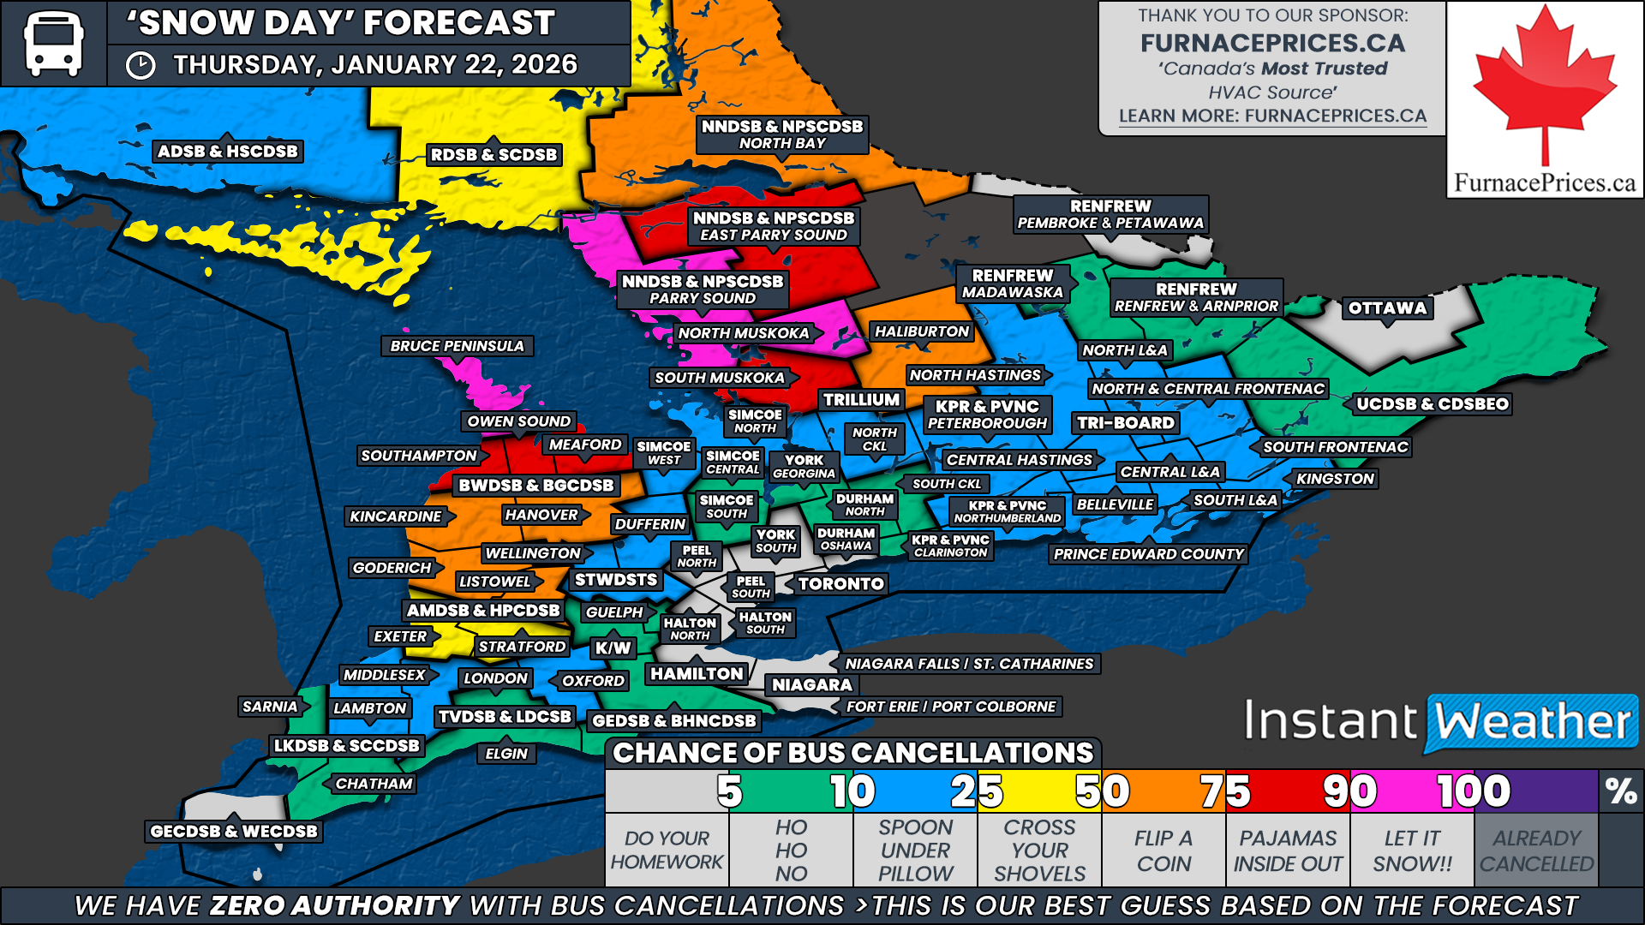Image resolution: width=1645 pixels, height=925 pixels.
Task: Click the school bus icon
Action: click(x=53, y=43)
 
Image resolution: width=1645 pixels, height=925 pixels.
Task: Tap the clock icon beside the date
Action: click(x=141, y=65)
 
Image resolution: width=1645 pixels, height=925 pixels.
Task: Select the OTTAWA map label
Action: click(x=1387, y=308)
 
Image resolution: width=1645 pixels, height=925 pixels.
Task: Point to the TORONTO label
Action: click(x=840, y=584)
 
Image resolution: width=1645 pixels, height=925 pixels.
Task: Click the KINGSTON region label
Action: click(x=1335, y=479)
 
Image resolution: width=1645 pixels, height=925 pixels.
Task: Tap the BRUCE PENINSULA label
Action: click(x=457, y=346)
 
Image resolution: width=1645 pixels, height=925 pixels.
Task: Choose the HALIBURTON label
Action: click(x=921, y=331)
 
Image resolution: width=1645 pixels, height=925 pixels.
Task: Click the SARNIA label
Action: click(x=270, y=707)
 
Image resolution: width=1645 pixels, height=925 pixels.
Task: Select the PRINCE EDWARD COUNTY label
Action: click(x=1148, y=554)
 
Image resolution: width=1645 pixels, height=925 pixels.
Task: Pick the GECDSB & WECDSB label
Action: click(x=233, y=831)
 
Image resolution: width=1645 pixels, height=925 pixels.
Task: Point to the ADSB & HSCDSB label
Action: click(x=227, y=152)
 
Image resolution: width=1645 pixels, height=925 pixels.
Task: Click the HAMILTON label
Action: click(x=697, y=674)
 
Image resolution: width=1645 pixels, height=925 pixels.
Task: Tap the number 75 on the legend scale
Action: click(x=1225, y=791)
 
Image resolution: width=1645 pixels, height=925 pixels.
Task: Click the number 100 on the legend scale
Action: click(x=1474, y=791)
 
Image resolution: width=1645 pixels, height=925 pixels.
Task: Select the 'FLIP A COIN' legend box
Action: click(x=1163, y=850)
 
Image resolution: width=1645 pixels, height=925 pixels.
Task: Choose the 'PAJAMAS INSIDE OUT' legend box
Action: click(x=1288, y=850)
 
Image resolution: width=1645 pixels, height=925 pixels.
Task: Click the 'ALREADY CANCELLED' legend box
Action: click(x=1536, y=850)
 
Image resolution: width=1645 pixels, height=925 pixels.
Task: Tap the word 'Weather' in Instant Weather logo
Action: click(x=1532, y=722)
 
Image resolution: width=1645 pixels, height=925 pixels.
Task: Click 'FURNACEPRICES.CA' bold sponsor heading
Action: click(x=1272, y=43)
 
